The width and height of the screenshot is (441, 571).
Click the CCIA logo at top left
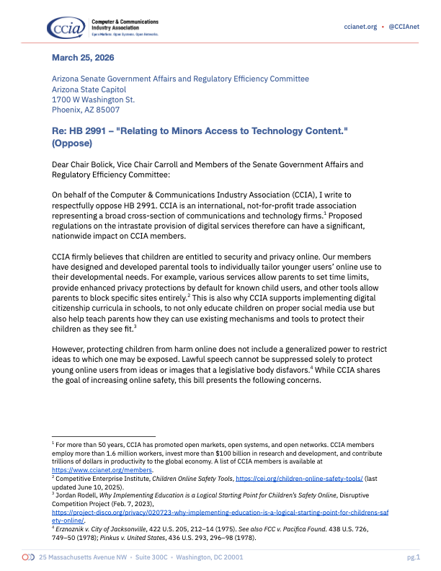66,28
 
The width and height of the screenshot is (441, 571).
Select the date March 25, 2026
83,57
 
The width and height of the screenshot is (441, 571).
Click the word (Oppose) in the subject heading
74,143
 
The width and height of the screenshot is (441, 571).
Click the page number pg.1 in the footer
413,557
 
